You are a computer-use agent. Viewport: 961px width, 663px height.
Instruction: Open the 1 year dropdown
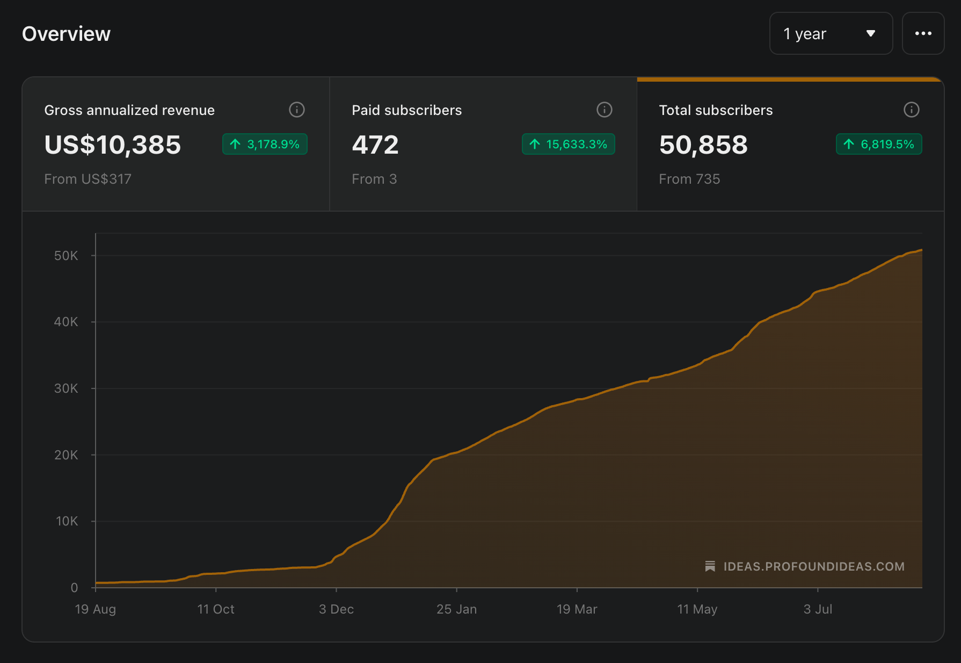tap(831, 33)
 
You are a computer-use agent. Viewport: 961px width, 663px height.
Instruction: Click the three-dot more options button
tap(923, 33)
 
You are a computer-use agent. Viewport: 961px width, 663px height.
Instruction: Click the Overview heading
tap(66, 34)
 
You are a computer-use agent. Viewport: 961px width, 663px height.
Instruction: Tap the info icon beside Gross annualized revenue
tap(297, 110)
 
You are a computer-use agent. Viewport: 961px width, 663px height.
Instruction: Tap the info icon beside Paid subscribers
tap(605, 110)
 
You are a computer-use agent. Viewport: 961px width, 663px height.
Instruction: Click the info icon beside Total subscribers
tap(912, 110)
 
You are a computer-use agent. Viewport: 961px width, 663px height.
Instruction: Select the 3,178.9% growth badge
tap(265, 144)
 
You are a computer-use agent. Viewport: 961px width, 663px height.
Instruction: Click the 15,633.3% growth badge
tap(569, 144)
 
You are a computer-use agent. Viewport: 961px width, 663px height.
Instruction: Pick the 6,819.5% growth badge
tap(879, 144)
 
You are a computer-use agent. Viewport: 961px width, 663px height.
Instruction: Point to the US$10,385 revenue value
tap(113, 145)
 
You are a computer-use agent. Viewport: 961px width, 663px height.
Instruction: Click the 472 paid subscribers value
tap(375, 145)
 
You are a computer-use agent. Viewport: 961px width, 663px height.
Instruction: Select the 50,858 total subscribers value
tap(703, 145)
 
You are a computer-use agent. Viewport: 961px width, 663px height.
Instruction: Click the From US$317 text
tap(88, 179)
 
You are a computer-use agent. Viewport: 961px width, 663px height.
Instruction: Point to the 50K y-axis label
tap(66, 256)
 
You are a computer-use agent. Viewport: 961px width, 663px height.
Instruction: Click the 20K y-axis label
tap(66, 455)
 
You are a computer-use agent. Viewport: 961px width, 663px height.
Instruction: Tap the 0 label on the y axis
tap(75, 588)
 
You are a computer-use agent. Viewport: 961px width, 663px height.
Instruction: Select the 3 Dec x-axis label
tap(336, 609)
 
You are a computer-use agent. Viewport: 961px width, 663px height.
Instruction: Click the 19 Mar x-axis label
tap(577, 609)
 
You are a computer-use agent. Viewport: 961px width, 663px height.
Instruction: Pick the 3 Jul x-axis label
tap(818, 609)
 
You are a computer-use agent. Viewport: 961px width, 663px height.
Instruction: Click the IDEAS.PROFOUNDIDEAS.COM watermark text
tap(814, 566)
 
